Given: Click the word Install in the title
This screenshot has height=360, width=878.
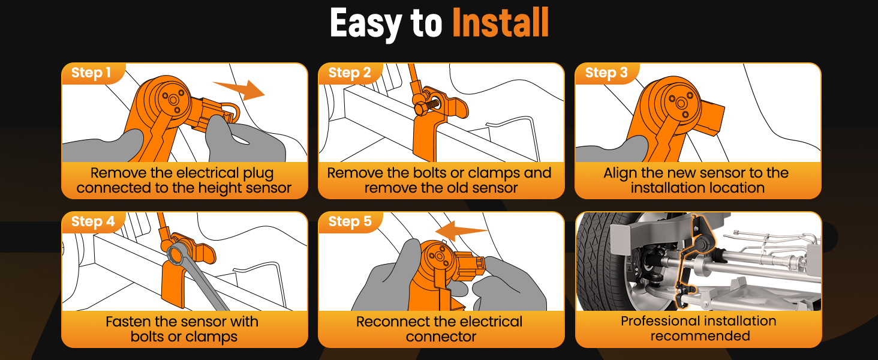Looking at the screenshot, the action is [x=501, y=23].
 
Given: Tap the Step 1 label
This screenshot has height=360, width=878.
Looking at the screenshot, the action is [x=91, y=73].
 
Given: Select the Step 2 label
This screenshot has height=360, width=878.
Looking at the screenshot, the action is [x=350, y=73].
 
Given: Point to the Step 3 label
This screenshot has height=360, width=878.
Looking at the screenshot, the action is [x=606, y=73].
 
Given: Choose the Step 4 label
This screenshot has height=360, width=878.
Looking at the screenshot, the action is [x=93, y=221].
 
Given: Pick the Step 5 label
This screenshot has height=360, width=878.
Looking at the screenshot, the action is [x=350, y=221].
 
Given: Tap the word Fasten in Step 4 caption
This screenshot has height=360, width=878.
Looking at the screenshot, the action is [x=128, y=322].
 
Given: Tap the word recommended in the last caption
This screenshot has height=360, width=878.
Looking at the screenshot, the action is [x=700, y=336].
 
